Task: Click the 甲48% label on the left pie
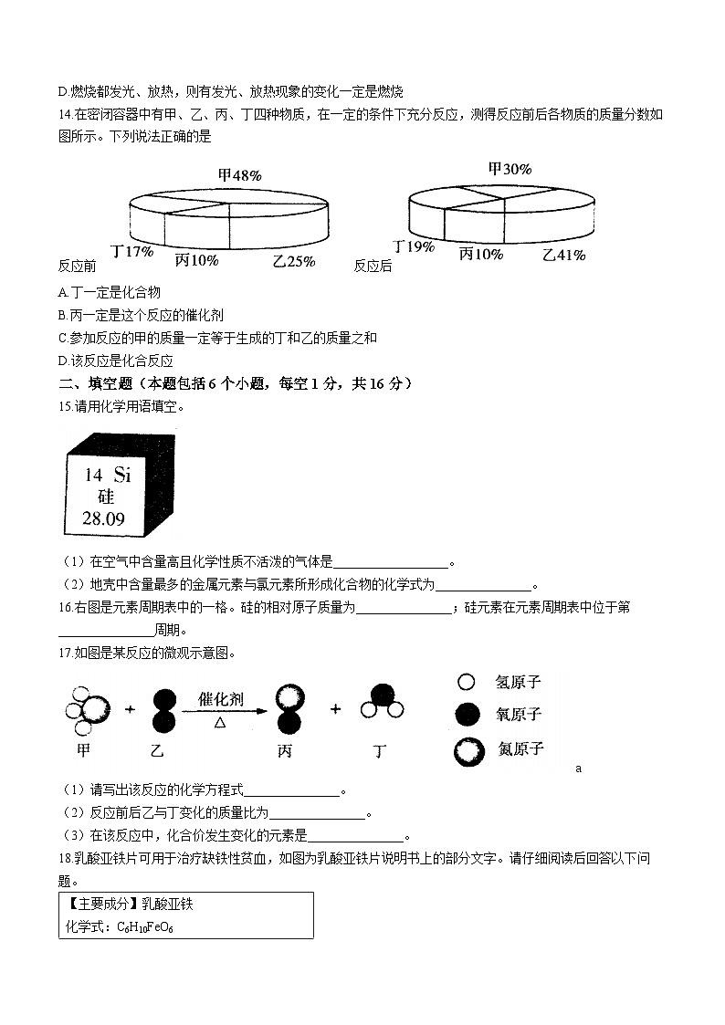(x=240, y=175)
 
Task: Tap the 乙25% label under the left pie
(x=294, y=261)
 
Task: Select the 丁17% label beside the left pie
(x=131, y=251)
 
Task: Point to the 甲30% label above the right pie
(x=510, y=169)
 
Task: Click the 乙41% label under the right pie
(x=563, y=256)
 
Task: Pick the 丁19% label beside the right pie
(x=414, y=246)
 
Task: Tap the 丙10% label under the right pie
(x=480, y=255)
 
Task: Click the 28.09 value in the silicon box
(x=104, y=519)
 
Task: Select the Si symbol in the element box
(x=122, y=475)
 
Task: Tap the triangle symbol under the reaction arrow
(x=219, y=722)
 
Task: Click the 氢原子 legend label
(x=519, y=682)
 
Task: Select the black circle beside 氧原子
(x=468, y=715)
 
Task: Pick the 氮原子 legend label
(x=520, y=749)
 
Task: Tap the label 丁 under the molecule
(x=380, y=751)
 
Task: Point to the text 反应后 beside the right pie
(x=373, y=266)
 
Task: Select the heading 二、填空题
(x=97, y=383)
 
